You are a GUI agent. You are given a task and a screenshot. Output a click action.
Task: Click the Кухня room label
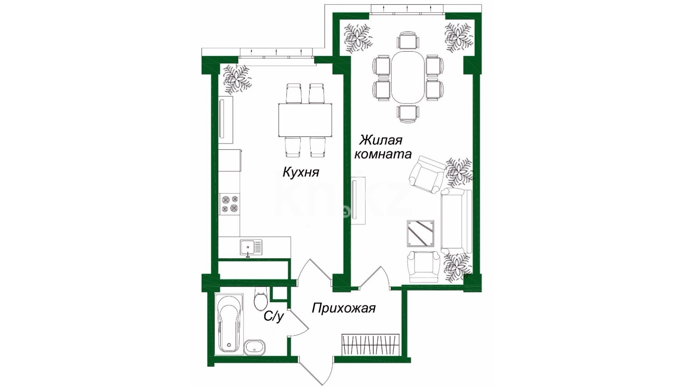pyautogui.click(x=301, y=172)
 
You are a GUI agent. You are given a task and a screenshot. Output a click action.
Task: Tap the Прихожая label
pyautogui.click(x=344, y=308)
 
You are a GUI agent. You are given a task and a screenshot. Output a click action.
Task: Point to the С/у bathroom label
pyautogui.click(x=274, y=316)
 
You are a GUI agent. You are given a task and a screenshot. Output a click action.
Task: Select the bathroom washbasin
pyautogui.click(x=255, y=347)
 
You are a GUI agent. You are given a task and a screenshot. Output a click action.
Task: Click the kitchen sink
pyautogui.click(x=251, y=247)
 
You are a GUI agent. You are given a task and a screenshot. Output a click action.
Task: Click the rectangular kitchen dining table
pyautogui.click(x=306, y=120)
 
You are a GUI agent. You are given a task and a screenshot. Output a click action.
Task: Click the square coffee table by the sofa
pyautogui.click(x=421, y=234)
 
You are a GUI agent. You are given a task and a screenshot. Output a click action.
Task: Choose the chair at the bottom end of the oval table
pyautogui.click(x=408, y=114)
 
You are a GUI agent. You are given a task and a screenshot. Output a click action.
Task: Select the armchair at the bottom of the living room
pyautogui.click(x=423, y=266)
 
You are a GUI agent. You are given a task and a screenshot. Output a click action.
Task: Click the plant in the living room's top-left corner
pyautogui.click(x=357, y=37)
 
